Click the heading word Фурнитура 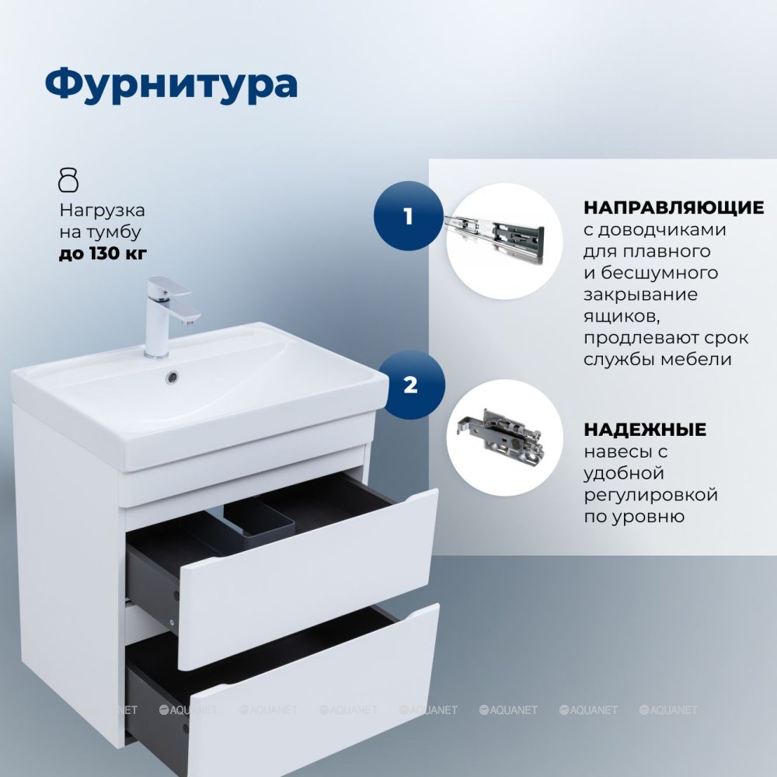(x=171, y=85)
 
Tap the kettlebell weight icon (x=68, y=180)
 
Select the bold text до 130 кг (x=103, y=253)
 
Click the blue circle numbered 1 (x=408, y=216)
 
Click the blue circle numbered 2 (x=411, y=385)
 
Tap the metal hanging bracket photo (x=500, y=434)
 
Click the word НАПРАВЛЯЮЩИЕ (x=674, y=207)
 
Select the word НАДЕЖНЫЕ (x=645, y=429)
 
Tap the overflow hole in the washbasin (x=172, y=377)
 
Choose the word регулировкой (x=650, y=495)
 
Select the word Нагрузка (x=102, y=211)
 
